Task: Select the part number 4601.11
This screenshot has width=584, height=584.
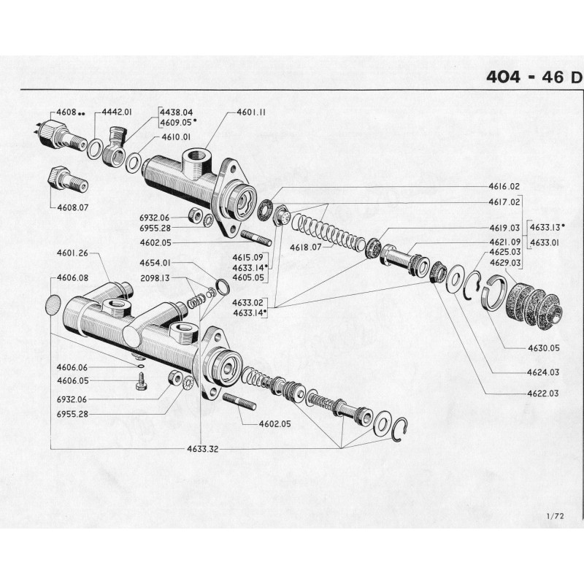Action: pyautogui.click(x=251, y=113)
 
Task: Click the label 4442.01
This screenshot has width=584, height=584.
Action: pyautogui.click(x=117, y=112)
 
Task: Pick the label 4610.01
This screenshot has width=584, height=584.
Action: pyautogui.click(x=176, y=137)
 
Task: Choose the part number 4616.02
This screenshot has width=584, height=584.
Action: pyautogui.click(x=504, y=187)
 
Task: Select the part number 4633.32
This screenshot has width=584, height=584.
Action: pyautogui.click(x=201, y=449)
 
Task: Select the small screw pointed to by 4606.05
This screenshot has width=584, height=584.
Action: pyautogui.click(x=141, y=382)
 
